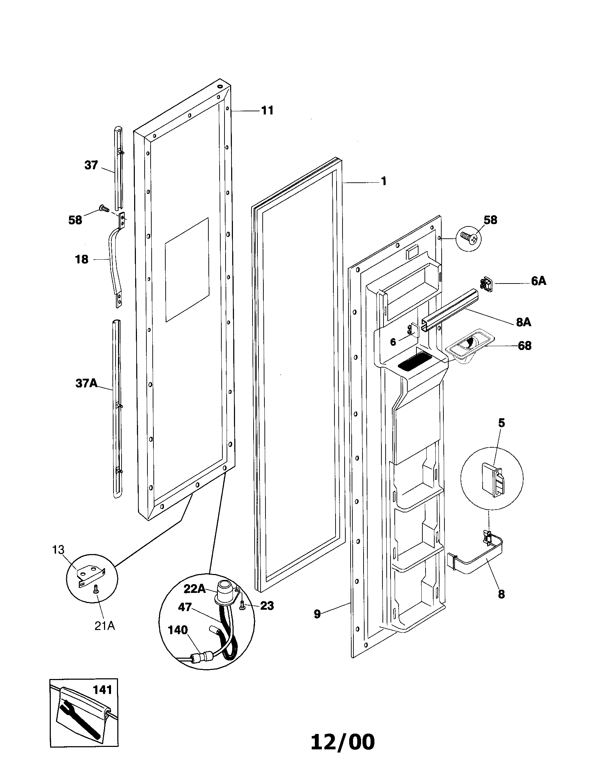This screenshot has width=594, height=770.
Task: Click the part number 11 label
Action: [x=267, y=110]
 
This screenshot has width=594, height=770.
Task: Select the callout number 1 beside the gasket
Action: [x=384, y=181]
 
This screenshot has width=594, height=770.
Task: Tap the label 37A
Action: [x=86, y=383]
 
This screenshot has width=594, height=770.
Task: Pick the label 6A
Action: [x=538, y=281]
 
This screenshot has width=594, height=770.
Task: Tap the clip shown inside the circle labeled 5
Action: [x=493, y=482]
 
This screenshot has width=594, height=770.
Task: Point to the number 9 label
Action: [x=317, y=614]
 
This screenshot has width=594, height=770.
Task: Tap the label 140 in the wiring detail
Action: [x=178, y=630]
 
